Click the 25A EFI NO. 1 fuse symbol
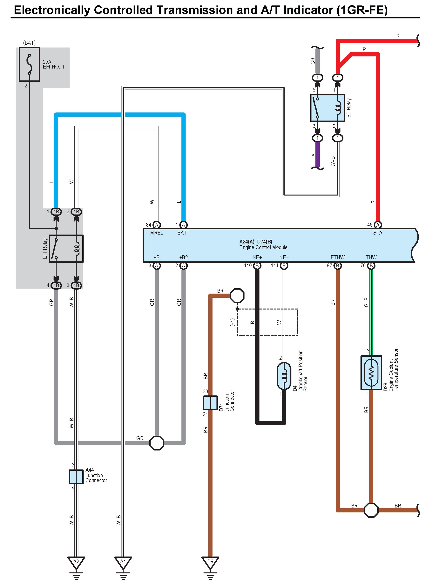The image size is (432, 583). coord(29,64)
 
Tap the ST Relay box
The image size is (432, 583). coord(328,108)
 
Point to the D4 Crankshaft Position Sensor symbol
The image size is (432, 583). coord(284,376)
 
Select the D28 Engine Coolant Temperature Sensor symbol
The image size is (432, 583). coord(371,373)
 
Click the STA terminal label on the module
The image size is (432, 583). coord(378,233)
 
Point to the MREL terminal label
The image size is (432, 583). coord(157,233)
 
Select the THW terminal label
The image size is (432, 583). coord(371,257)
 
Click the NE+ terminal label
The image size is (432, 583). coord(257,257)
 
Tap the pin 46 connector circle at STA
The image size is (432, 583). coord(378,225)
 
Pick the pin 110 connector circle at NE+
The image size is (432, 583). coord(257,266)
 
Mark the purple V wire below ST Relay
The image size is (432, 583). coord(317,154)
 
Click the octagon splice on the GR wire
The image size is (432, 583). coord(157,443)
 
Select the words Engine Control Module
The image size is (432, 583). coord(263,247)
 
